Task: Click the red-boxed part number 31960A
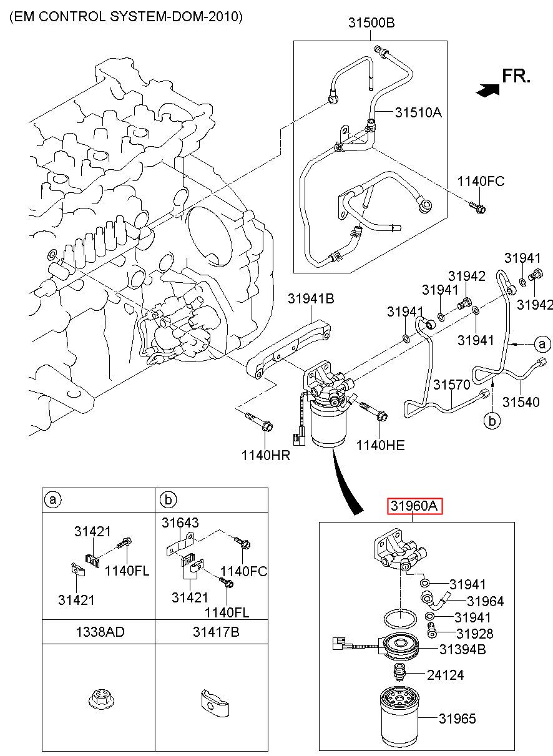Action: point(414,506)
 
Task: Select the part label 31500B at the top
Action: point(371,22)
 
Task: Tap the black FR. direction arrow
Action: point(488,90)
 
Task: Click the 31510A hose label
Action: point(418,112)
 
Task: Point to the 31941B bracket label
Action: point(311,298)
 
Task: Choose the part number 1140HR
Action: point(265,455)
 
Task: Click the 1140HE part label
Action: point(380,446)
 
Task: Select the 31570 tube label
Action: point(451,385)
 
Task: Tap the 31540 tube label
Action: point(521,402)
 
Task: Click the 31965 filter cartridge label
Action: point(457,719)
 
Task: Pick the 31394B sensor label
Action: point(462,649)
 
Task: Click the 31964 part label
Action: point(485,601)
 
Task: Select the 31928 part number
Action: point(475,634)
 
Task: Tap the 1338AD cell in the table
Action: point(100,632)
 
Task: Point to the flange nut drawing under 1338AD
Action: point(99,700)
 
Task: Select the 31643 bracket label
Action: point(180,523)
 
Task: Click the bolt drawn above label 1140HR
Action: point(259,422)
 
